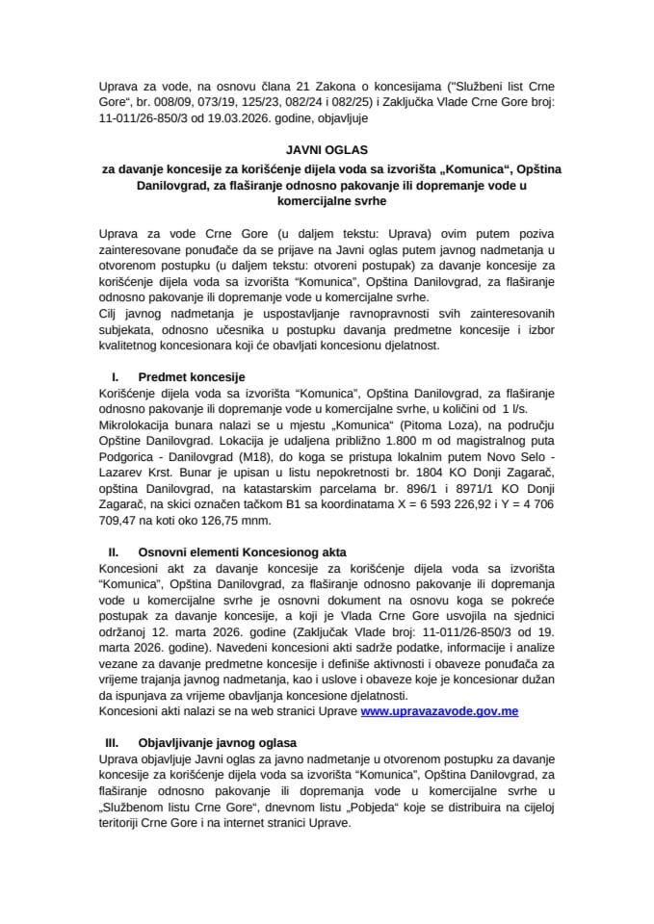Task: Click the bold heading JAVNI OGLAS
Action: (x=327, y=151)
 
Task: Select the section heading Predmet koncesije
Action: (x=183, y=376)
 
